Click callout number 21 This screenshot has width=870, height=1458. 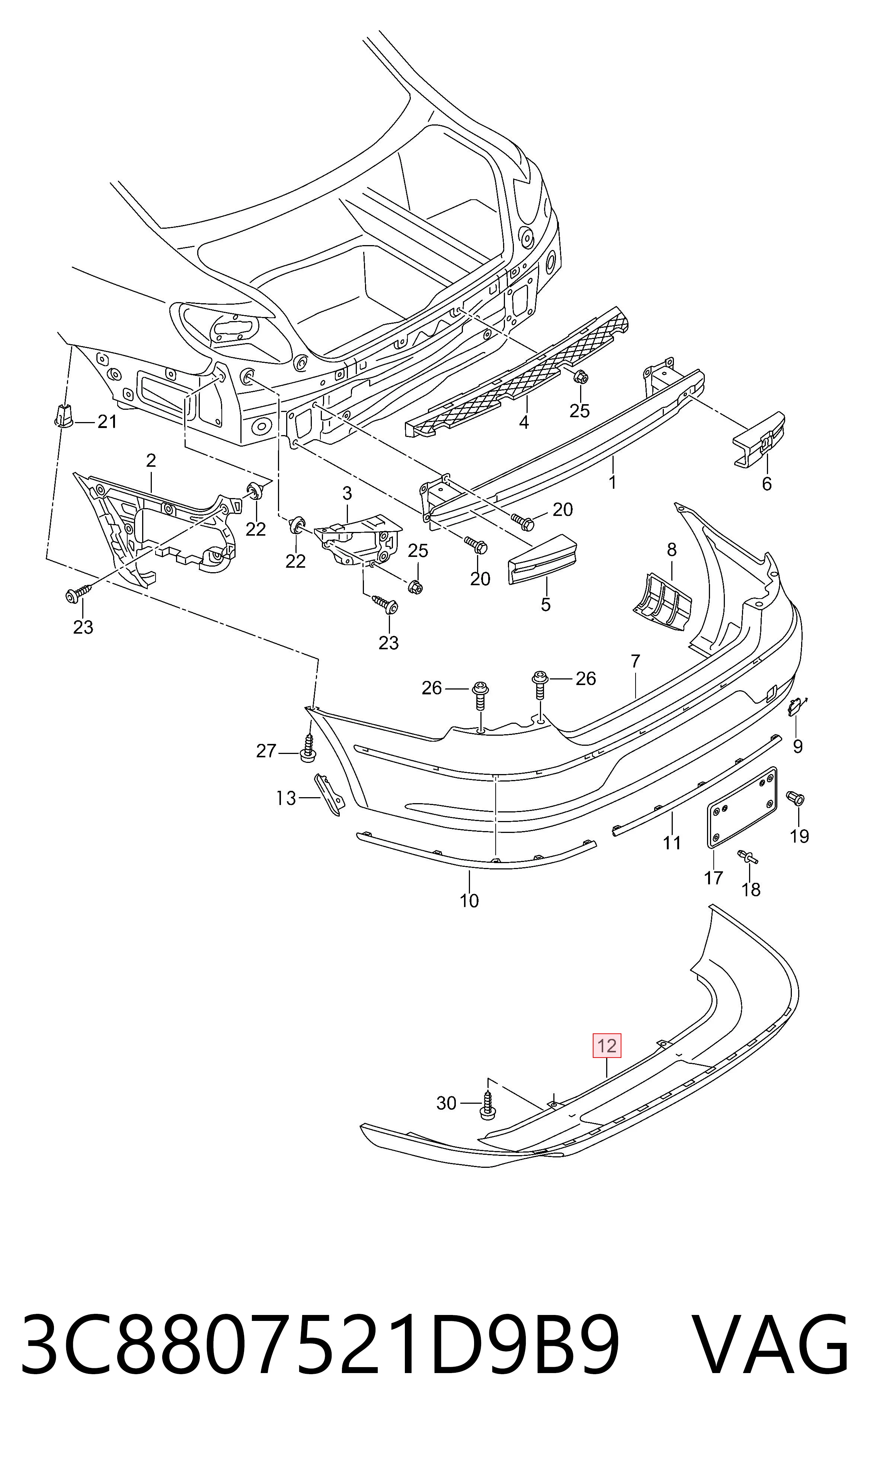point(107,421)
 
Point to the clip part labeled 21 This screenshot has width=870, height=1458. point(63,416)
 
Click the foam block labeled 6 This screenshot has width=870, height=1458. point(760,439)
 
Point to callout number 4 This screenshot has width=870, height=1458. point(524,422)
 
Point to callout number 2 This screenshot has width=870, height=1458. point(151,460)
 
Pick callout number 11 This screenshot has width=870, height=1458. point(672,843)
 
